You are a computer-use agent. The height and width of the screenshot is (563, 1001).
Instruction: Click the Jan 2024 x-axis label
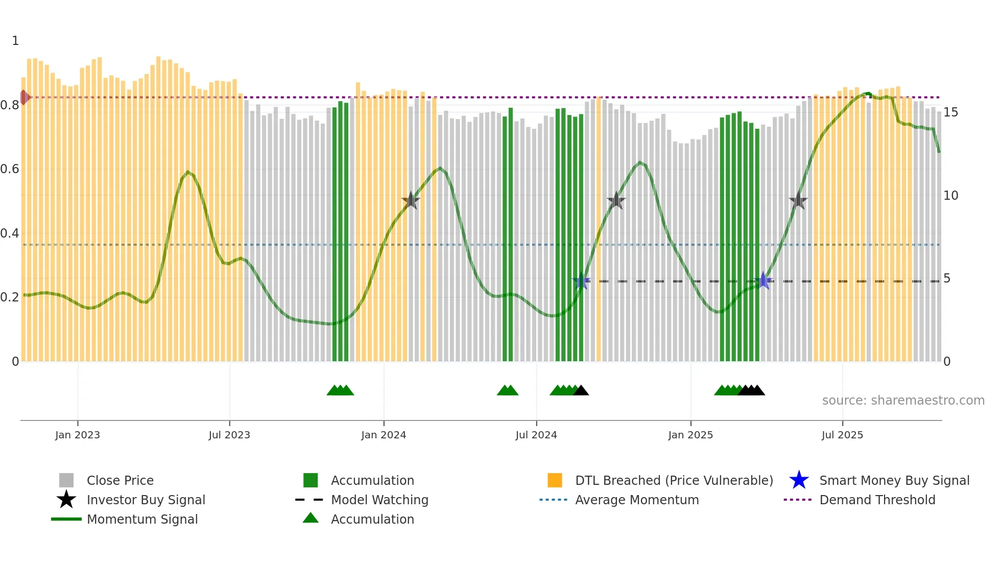point(384,435)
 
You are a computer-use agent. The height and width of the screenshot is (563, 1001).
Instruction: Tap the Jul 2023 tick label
point(229,435)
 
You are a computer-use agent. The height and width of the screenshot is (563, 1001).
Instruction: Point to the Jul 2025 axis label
point(842,435)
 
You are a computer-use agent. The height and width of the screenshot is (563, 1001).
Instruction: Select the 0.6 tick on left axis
point(10,169)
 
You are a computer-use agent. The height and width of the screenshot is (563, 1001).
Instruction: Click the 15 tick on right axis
point(950,112)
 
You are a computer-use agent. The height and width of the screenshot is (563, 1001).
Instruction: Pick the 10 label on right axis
point(950,196)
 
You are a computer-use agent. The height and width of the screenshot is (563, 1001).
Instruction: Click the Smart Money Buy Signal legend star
point(799,480)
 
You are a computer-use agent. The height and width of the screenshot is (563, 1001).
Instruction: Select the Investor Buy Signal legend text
point(146,500)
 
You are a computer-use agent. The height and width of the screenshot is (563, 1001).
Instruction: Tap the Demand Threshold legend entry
point(877,500)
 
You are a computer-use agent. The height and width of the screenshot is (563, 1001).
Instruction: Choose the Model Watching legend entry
point(379,500)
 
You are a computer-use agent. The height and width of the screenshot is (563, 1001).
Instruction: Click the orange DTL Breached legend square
point(555,480)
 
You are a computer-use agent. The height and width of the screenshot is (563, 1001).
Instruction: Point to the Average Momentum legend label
point(636,500)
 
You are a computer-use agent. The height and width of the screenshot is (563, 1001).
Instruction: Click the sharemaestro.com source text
point(903,400)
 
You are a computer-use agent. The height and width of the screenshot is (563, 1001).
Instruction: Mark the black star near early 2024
point(411,201)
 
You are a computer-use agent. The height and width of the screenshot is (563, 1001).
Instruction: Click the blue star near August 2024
point(581,281)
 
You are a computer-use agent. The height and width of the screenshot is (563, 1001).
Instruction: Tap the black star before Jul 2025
point(798,201)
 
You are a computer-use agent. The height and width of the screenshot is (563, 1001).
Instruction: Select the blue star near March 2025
point(763,280)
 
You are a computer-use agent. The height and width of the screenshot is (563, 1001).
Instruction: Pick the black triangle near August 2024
point(581,391)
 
